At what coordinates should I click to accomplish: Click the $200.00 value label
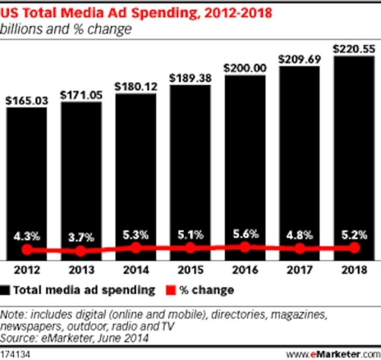(244, 67)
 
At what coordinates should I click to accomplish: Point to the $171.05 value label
(81, 94)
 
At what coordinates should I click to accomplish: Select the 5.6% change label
(244, 233)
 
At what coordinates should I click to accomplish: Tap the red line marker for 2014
(135, 248)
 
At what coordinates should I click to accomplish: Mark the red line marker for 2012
(26, 250)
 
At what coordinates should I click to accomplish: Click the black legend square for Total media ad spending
(7, 290)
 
